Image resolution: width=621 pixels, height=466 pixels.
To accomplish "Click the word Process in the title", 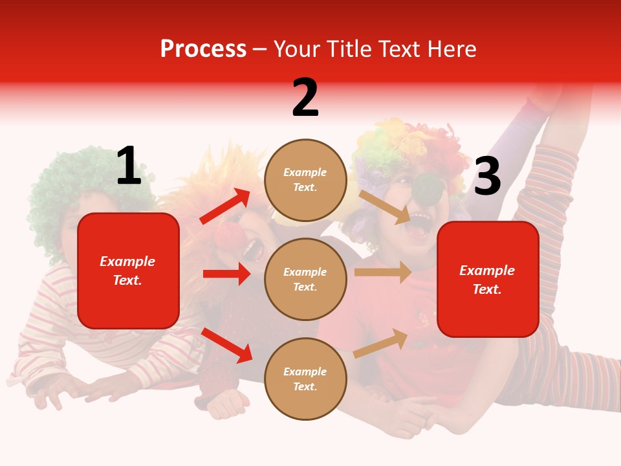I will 203,49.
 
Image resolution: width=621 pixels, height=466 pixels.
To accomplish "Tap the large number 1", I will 129,166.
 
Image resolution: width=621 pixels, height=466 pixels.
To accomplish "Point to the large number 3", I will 487,176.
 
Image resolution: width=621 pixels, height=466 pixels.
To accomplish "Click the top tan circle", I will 305,180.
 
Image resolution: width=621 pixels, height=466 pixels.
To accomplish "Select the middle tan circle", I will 305,280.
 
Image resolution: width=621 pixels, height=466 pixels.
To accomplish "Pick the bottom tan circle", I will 305,379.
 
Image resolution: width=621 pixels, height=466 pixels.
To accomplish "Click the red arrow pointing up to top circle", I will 225,206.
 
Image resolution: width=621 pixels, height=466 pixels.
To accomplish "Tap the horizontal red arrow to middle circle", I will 226,274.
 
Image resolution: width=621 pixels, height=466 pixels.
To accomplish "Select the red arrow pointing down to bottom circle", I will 227,345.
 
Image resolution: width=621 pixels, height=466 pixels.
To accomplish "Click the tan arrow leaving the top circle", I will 385,206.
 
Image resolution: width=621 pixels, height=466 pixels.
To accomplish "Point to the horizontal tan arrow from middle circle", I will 383,272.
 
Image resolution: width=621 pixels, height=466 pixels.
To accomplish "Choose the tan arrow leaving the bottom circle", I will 381,343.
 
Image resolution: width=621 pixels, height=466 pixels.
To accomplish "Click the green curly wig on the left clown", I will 71,188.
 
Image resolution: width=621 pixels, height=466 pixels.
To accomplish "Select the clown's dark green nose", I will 427,187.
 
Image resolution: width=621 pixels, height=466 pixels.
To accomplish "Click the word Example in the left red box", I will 127,261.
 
